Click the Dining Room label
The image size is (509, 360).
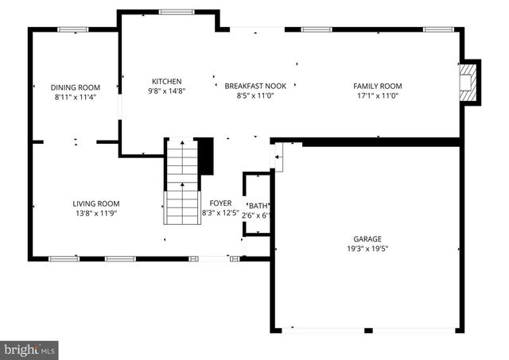pyautogui.click(x=76, y=87)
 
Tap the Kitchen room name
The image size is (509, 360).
pyautogui.click(x=167, y=81)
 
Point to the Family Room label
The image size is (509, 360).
pyautogui.click(x=378, y=86)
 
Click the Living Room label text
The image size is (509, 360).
pyautogui.click(x=96, y=203)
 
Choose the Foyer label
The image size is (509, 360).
pyautogui.click(x=220, y=203)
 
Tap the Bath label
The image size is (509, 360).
pyautogui.click(x=258, y=205)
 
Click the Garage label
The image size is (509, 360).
pyautogui.click(x=367, y=238)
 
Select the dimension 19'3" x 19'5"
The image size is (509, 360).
pyautogui.click(x=367, y=248)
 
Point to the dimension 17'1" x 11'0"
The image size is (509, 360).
pyautogui.click(x=378, y=95)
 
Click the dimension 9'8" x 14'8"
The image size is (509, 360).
pyautogui.click(x=167, y=91)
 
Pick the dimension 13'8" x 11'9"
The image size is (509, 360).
pyautogui.click(x=96, y=213)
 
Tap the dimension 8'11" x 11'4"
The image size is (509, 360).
pyautogui.click(x=76, y=97)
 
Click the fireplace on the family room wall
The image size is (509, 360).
pyautogui.click(x=470, y=83)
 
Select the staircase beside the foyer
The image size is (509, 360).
pyautogui.click(x=182, y=181)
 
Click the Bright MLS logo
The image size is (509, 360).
pyautogui.click(x=29, y=349)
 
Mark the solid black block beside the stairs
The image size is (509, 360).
pyautogui.click(x=205, y=156)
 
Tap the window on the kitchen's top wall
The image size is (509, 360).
pyautogui.click(x=176, y=12)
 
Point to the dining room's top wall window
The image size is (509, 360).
pyautogui.click(x=72, y=29)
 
